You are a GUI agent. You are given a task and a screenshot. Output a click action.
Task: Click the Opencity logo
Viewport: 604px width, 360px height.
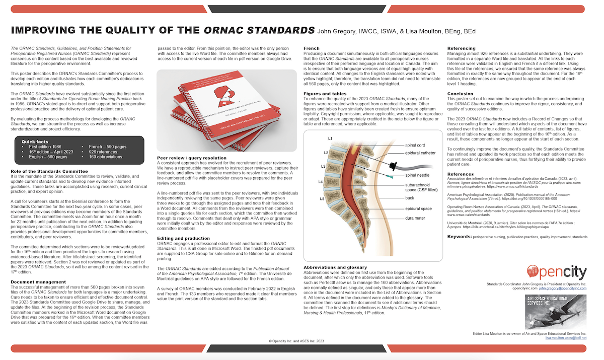556,272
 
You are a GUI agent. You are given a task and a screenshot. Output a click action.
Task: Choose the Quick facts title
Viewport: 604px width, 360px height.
35,141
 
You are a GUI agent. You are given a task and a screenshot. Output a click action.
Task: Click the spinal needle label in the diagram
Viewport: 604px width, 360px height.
418,176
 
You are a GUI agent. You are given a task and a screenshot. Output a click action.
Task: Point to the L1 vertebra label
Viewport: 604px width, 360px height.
330,138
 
